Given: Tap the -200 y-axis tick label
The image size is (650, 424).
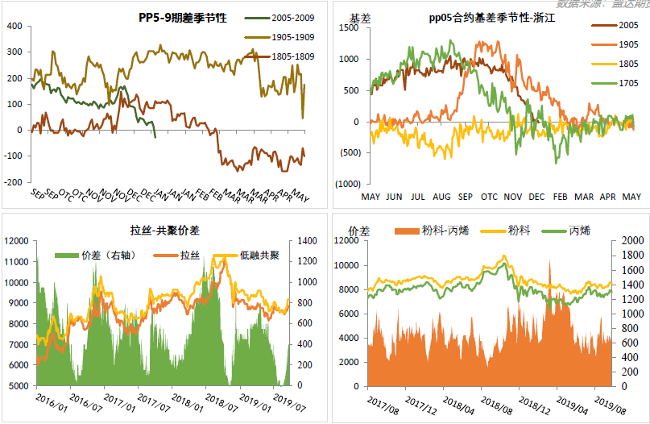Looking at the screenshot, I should [x=14, y=182].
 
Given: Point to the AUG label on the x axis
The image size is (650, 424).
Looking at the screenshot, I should [x=441, y=197].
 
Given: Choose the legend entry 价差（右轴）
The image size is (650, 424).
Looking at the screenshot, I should [x=110, y=256].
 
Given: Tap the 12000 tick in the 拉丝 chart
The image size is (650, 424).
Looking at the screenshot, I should [x=18, y=240].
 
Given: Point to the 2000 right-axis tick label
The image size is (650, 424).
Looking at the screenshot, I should [x=632, y=240].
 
